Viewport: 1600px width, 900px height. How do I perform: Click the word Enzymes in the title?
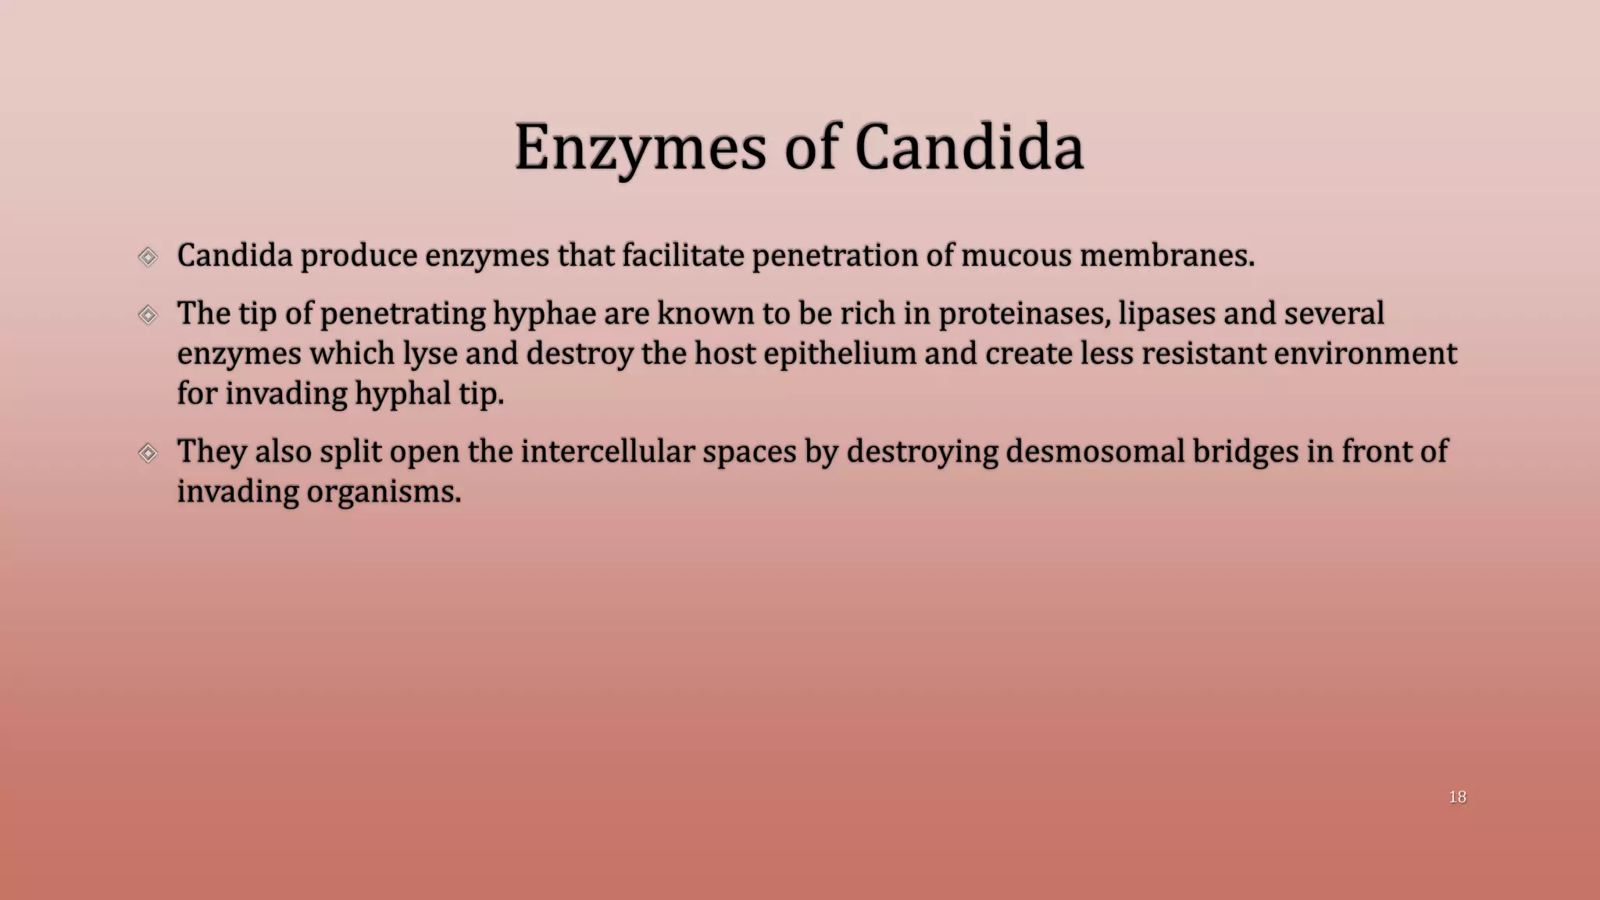[640, 148]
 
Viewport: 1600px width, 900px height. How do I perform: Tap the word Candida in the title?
[969, 148]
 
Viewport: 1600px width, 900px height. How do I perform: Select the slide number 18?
[1457, 797]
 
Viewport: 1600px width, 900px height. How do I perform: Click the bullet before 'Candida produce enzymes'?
[148, 256]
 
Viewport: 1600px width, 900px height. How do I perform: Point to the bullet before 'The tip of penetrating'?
[148, 315]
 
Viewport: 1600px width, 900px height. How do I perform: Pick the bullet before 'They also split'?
[148, 452]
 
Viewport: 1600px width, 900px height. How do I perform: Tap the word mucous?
[1016, 255]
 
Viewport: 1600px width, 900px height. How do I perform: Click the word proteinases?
[1023, 314]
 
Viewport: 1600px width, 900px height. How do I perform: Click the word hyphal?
[402, 394]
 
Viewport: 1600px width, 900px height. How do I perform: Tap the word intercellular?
[607, 452]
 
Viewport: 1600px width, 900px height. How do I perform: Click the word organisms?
[384, 491]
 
